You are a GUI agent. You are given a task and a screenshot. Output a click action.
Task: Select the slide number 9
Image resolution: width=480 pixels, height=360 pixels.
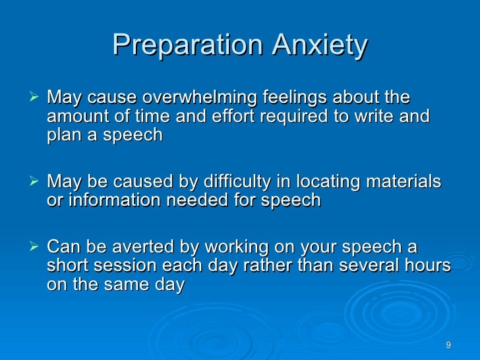pyautogui.click(x=448, y=345)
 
